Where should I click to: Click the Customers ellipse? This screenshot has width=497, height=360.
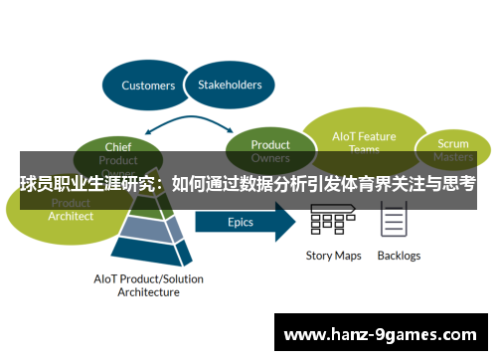pos(147,85)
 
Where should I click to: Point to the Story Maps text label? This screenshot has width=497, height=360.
pos(333,256)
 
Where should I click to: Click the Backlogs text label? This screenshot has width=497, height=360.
pos(399,256)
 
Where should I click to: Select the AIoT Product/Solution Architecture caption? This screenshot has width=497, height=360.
pos(149,285)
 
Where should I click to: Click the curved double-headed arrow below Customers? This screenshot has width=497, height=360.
pos(190,123)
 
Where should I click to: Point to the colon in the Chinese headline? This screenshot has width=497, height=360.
pos(163,186)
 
